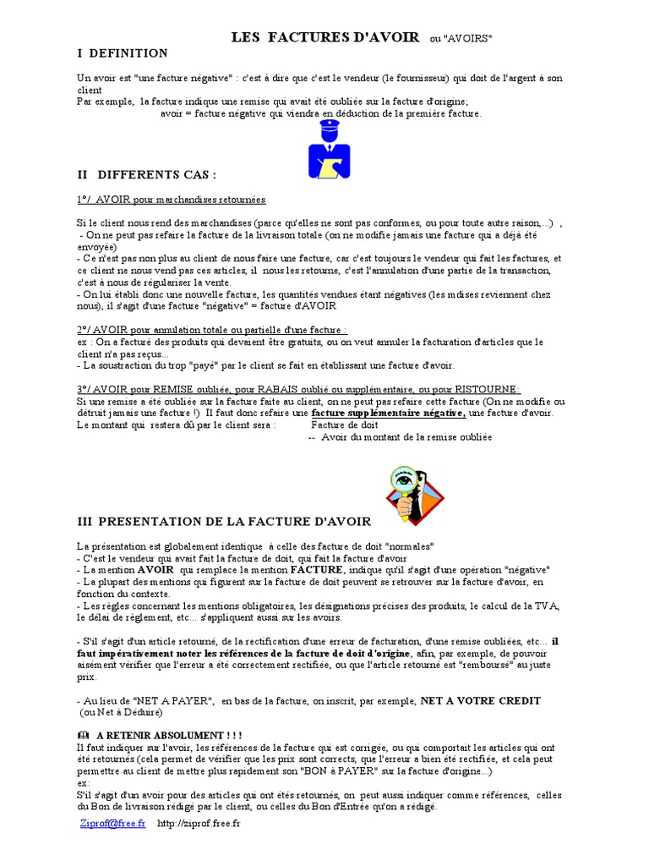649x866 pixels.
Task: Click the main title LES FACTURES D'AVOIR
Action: coord(325,37)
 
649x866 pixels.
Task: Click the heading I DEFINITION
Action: coord(123,53)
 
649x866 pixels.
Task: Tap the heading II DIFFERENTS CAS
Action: coord(146,174)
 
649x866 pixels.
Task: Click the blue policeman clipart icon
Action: coord(329,150)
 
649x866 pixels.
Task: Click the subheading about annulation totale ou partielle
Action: coord(199,330)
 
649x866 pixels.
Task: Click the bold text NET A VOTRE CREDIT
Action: coord(480,701)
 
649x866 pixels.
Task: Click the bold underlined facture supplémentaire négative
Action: coord(388,413)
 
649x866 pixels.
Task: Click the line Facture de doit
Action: coord(344,425)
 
